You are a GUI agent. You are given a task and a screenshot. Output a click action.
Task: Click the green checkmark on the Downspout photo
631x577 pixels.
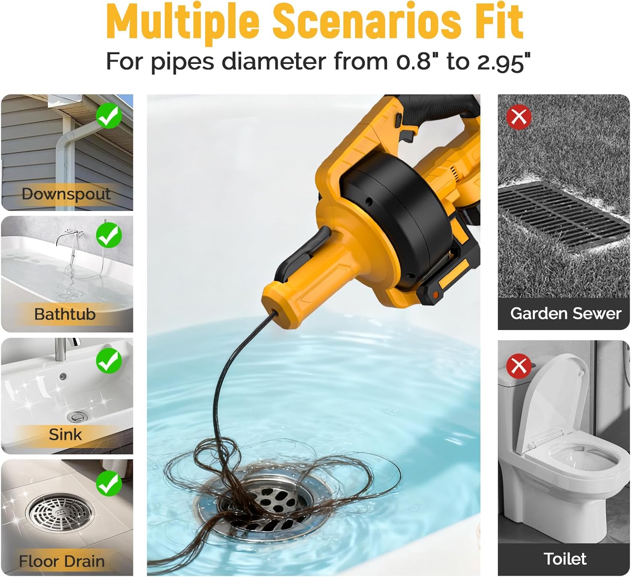click(109, 116)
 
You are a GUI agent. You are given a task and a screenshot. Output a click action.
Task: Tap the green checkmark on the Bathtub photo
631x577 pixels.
click(109, 235)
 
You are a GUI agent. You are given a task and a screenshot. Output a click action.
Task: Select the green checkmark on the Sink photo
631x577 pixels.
click(109, 361)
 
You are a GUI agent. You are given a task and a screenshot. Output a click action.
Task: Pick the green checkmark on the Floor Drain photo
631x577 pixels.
click(109, 483)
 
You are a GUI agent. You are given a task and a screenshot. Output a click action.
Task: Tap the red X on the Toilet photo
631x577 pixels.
click(519, 366)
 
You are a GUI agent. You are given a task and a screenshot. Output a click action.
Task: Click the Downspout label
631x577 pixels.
click(66, 194)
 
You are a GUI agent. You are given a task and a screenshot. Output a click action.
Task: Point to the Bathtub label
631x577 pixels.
click(65, 314)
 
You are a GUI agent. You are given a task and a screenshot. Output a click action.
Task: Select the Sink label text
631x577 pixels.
click(65, 434)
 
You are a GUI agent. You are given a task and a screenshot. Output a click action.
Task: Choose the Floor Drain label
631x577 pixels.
click(61, 561)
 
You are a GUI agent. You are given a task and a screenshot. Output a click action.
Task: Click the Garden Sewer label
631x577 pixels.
click(565, 314)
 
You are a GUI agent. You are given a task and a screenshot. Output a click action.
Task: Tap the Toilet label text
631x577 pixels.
click(565, 559)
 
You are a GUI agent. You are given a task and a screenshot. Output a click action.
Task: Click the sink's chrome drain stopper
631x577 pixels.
click(77, 416)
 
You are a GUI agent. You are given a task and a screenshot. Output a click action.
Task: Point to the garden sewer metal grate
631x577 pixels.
click(562, 216)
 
